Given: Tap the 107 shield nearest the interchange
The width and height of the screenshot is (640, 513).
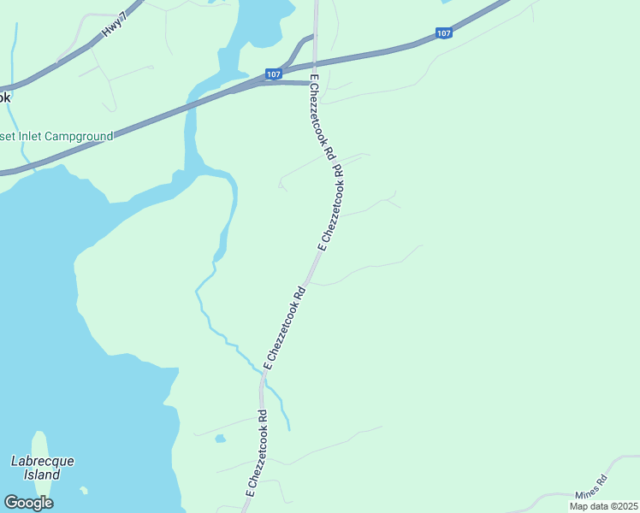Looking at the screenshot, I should click(273, 74).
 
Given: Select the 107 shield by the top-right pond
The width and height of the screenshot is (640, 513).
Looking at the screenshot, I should click(443, 33).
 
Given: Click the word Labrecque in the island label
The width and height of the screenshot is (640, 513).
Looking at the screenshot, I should click(42, 461).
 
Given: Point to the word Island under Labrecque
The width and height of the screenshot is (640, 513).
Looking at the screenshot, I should click(42, 475).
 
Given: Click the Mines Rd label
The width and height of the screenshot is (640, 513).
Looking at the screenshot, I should click(590, 486).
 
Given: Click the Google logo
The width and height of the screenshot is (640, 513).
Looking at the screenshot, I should click(28, 503).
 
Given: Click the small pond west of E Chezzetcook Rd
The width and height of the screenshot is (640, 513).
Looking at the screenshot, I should click(221, 439).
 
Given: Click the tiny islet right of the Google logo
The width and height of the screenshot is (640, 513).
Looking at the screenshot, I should click(84, 491).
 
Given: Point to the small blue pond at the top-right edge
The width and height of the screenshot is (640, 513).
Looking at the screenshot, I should click(443, 3).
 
